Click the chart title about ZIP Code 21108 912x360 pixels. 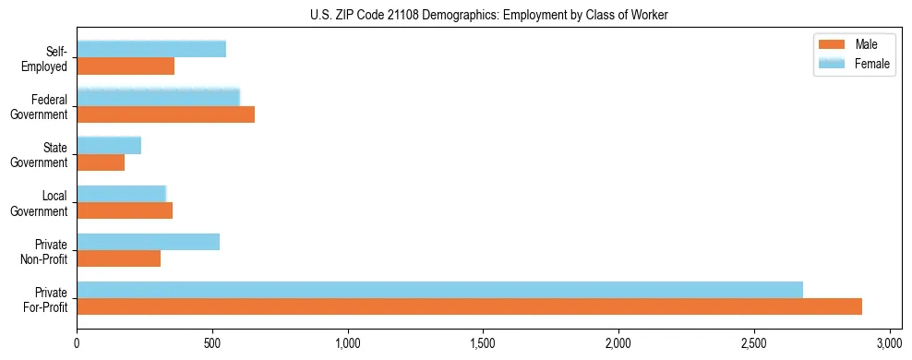[477, 15]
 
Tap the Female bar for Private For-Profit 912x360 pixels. [439, 290]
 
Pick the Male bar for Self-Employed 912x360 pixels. [126, 66]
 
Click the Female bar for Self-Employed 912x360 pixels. [151, 50]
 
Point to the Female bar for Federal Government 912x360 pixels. [158, 98]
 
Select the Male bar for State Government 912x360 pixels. [101, 162]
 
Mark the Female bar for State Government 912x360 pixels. [109, 146]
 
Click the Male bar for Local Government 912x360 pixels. [125, 210]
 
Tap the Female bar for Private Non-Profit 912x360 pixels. [148, 242]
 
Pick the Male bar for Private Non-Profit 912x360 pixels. [118, 258]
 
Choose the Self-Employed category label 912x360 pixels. [44, 58]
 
